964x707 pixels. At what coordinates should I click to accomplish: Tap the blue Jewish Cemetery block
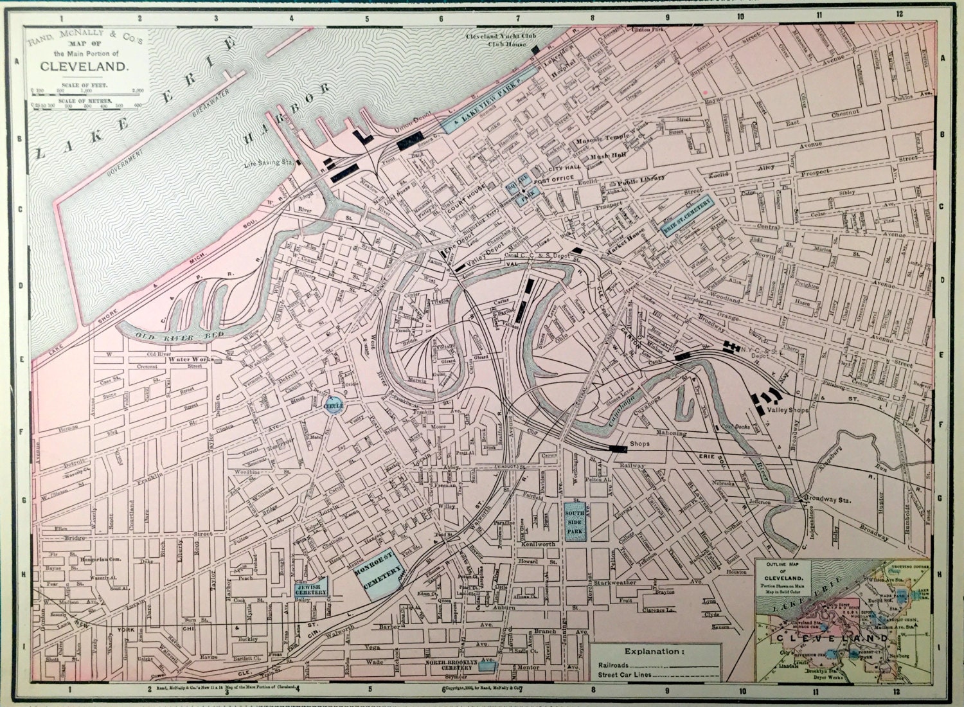click(x=311, y=587)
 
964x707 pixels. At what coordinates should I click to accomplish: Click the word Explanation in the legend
click(x=654, y=651)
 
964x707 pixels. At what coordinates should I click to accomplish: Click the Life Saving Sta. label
click(x=268, y=164)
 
